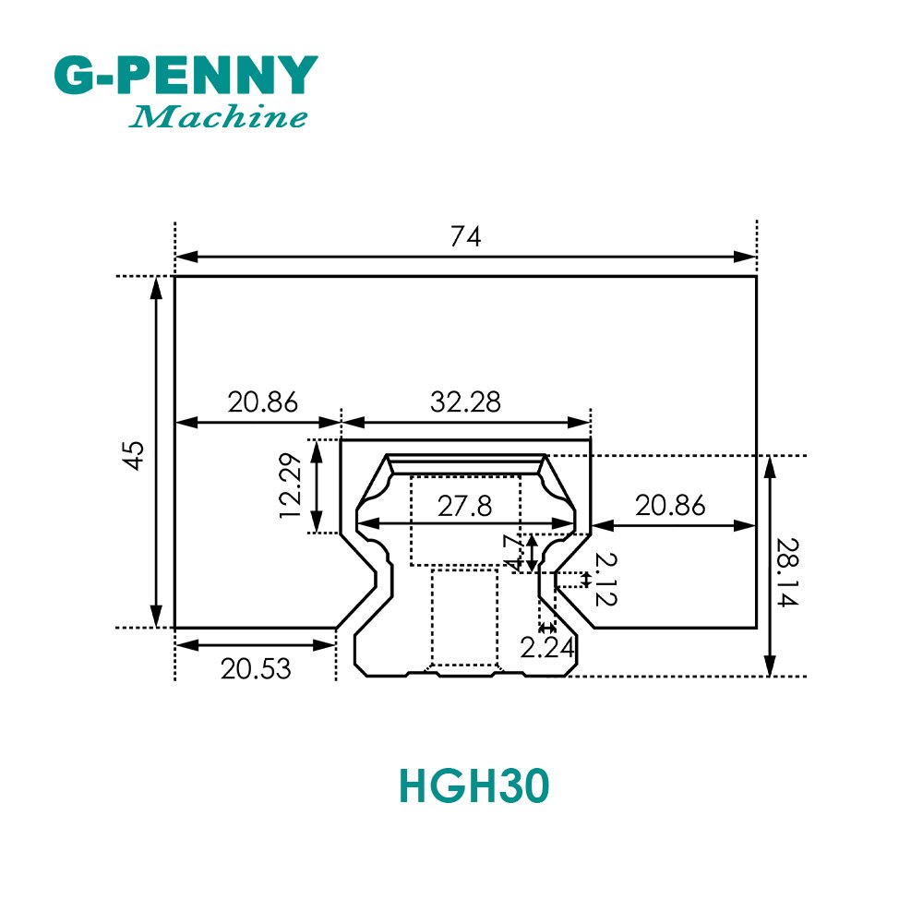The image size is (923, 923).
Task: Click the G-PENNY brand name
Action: click(x=185, y=76)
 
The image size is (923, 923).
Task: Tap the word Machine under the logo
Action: click(x=218, y=117)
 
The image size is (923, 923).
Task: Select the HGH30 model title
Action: click(x=473, y=786)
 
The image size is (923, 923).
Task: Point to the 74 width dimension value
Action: click(x=466, y=237)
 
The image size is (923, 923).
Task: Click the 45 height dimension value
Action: click(x=135, y=455)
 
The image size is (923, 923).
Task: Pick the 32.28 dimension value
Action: click(x=466, y=402)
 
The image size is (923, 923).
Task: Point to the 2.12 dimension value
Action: click(x=605, y=580)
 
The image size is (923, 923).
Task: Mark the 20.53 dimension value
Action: click(x=256, y=668)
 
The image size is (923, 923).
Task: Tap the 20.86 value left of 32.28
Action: click(x=263, y=402)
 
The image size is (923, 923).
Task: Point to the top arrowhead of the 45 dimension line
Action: click(x=157, y=284)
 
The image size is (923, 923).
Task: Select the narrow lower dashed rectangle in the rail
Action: click(x=465, y=617)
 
